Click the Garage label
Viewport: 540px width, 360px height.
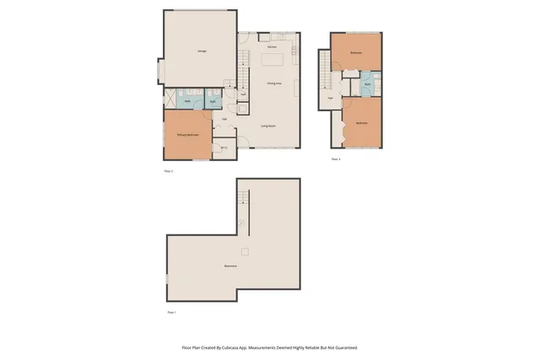click(202, 51)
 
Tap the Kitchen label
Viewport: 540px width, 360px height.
click(273, 47)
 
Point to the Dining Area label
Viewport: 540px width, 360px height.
click(274, 83)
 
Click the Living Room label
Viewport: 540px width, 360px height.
click(269, 125)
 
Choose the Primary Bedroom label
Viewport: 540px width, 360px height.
click(186, 135)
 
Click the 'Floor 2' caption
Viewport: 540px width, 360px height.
click(168, 171)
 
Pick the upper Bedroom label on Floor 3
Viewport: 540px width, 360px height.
click(356, 52)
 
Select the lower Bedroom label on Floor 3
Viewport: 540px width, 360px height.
click(361, 123)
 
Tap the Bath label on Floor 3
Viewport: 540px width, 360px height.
click(369, 86)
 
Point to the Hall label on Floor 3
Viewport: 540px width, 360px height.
click(330, 98)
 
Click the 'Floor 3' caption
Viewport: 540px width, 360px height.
click(335, 159)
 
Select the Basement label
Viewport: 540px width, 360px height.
click(229, 266)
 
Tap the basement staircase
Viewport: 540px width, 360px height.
click(244, 199)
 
